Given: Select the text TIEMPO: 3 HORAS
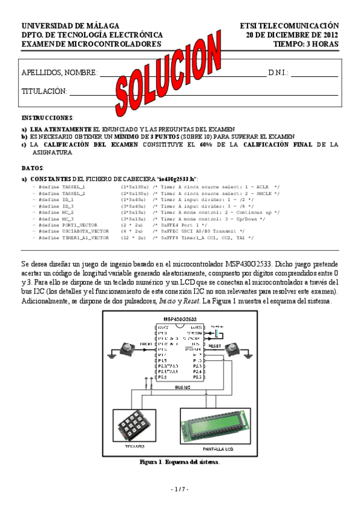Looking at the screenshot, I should pos(306,44).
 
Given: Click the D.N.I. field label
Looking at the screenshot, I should pos(278,73).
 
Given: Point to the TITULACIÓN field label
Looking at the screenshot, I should pos(44,91).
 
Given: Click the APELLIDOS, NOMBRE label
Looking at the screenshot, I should pos(59,73).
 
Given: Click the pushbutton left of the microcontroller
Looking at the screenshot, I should pos(128,348).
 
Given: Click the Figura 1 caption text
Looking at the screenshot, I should pos(179,462).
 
